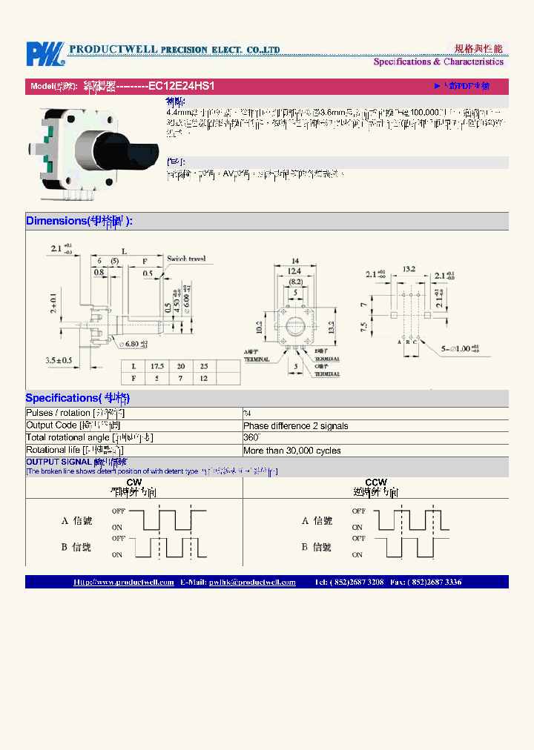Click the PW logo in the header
[x=44, y=54]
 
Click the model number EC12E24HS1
[x=182, y=86]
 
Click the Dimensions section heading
[x=79, y=221]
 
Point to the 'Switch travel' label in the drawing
[x=186, y=259]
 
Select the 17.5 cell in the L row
[x=157, y=367]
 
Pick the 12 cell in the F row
[x=203, y=379]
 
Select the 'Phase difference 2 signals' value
[x=296, y=426]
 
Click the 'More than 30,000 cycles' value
[x=292, y=451]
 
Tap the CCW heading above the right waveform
[x=375, y=482]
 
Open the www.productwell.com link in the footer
[x=124, y=583]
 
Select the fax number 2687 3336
[x=442, y=583]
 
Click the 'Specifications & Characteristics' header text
[x=438, y=62]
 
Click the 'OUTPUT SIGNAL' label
[x=55, y=462]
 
